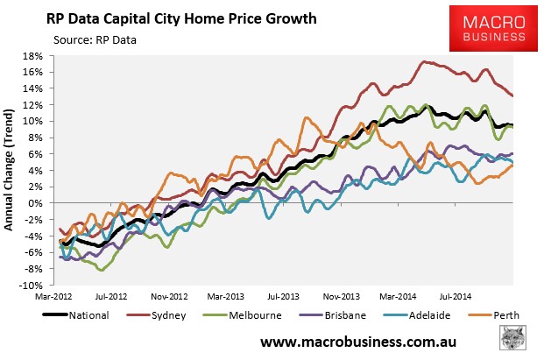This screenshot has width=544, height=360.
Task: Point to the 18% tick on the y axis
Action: (39, 55)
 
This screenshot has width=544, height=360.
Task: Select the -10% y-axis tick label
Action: (38, 286)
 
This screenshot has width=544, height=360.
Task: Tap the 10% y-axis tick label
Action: (39, 121)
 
